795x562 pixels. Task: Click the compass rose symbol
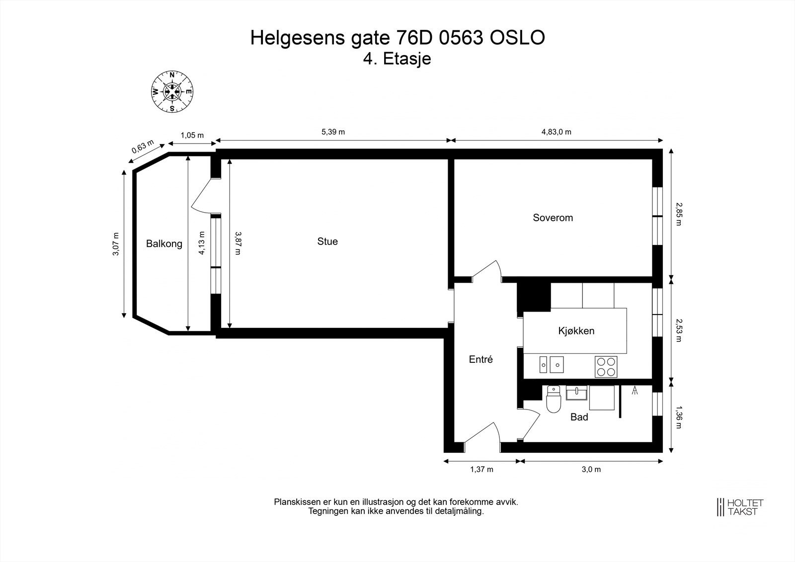tap(172, 92)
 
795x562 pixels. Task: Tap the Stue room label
tap(327, 241)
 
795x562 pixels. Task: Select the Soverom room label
tap(553, 218)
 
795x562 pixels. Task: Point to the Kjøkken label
tap(576, 331)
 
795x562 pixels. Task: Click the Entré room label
tap(481, 359)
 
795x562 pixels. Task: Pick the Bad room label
tap(579, 417)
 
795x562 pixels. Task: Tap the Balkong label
tap(164, 244)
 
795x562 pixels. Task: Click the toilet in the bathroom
tap(553, 400)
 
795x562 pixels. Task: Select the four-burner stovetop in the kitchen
tap(606, 367)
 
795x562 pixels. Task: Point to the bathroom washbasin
tap(576, 393)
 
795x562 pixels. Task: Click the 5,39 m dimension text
tap(333, 132)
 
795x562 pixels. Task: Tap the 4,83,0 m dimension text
tap(556, 132)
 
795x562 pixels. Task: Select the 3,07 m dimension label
tap(116, 244)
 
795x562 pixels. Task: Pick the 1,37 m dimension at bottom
tap(481, 470)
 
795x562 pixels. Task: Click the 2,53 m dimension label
tap(679, 331)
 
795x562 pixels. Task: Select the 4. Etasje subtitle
tap(397, 59)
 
